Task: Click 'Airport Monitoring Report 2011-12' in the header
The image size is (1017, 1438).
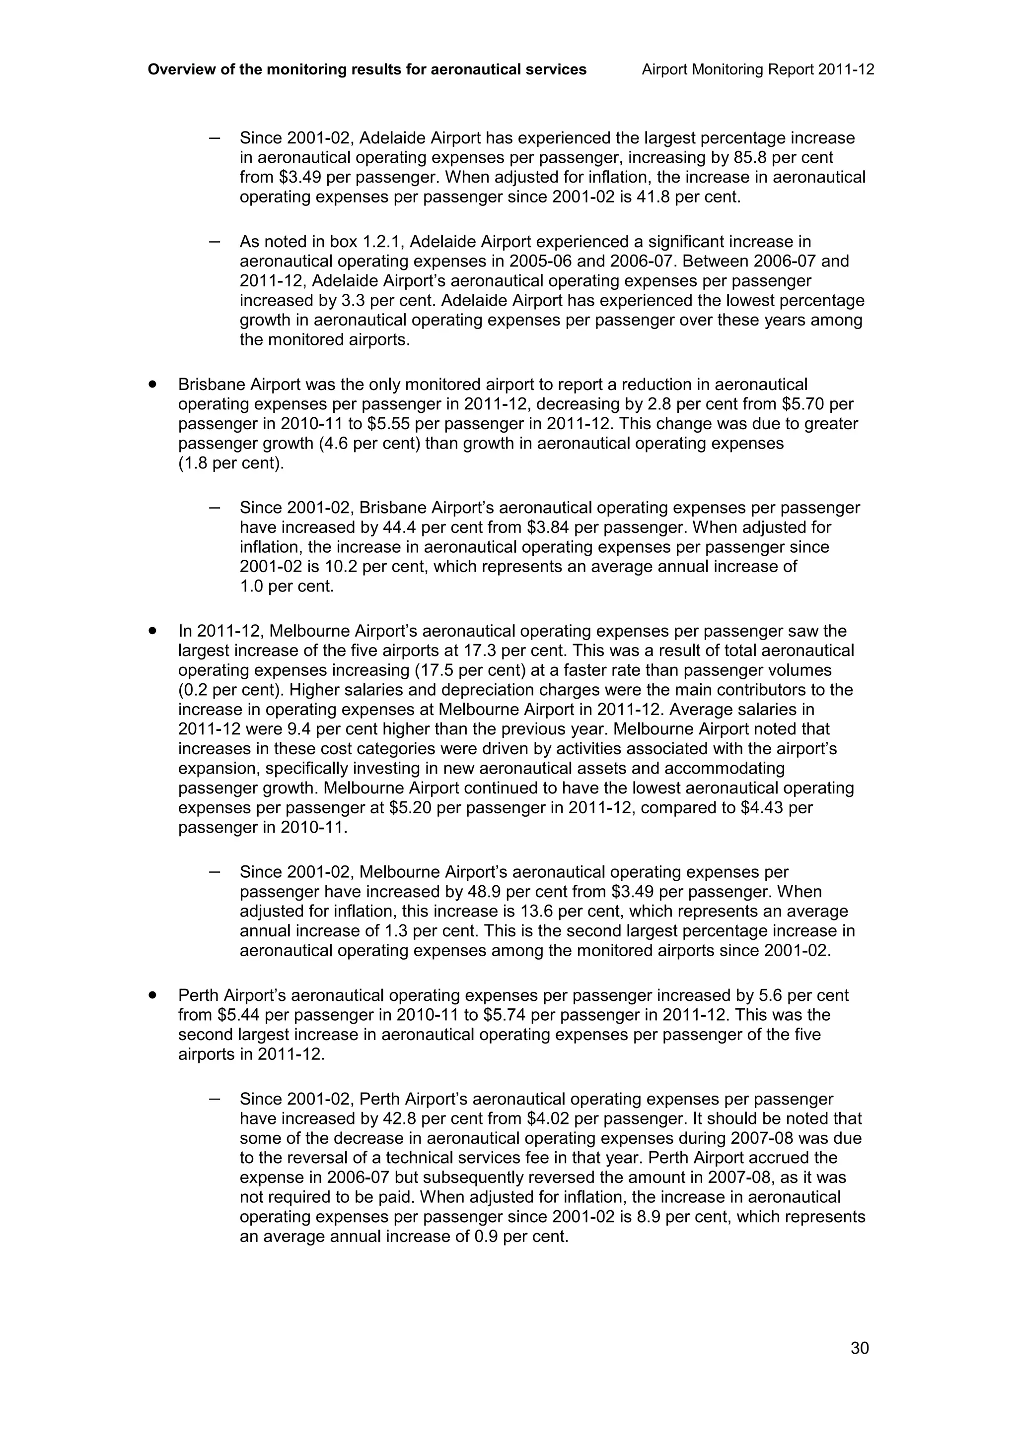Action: [x=758, y=69]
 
